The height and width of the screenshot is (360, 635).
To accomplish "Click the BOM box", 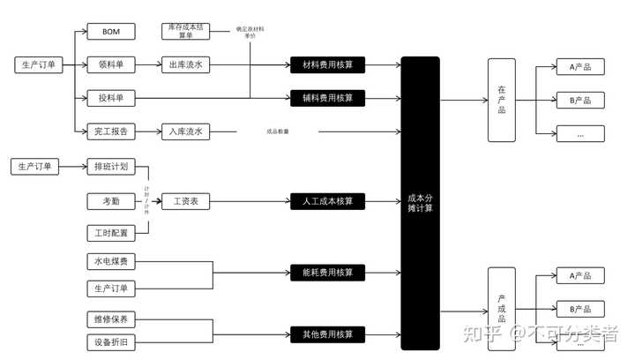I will tap(111, 32).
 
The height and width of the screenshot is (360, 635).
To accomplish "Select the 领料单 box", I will tap(111, 64).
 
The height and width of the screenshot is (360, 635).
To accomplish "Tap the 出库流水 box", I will tap(185, 64).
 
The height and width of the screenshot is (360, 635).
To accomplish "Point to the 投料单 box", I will tap(111, 97).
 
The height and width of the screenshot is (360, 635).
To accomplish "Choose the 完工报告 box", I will tap(111, 131).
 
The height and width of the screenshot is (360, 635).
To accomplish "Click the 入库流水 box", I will tap(185, 131).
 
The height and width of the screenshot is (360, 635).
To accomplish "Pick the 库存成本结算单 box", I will tap(185, 31).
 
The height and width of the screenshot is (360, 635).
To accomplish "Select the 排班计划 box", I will tap(111, 167).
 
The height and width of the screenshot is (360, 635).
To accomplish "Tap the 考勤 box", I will tap(111, 201).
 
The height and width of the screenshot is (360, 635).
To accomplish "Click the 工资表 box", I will tap(185, 201).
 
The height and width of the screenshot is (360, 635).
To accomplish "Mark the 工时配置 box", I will tap(111, 234).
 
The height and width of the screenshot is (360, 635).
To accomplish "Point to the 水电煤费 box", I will tap(111, 262).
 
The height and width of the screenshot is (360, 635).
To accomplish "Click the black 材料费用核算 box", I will tap(328, 64).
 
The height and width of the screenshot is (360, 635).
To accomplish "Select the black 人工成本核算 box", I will tap(328, 201).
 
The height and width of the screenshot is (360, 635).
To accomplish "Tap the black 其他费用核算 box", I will tap(328, 334).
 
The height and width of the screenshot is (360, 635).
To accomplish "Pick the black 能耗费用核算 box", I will tap(328, 272).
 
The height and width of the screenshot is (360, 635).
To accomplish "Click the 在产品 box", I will tap(501, 100).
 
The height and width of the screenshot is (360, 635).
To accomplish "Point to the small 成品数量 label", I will tap(277, 132).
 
